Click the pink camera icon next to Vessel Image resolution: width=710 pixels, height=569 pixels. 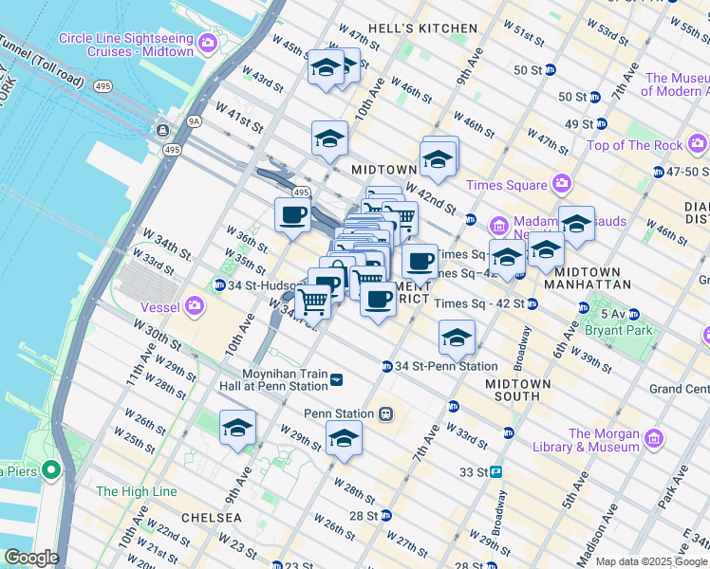click(196, 305)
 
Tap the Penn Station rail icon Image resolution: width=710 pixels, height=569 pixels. click(385, 413)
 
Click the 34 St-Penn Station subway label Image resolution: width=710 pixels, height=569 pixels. click(446, 366)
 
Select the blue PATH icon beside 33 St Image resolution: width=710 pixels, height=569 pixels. click(495, 471)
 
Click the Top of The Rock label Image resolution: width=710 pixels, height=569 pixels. click(634, 145)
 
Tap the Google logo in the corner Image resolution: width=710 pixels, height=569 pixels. click(30, 558)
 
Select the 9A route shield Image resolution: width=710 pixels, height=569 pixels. click(194, 120)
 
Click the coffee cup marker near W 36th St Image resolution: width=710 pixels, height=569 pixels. click(292, 214)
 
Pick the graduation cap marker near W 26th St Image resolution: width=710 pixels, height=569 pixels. click(237, 428)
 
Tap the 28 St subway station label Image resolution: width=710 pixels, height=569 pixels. click(364, 516)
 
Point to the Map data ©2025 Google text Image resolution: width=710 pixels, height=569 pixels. click(651, 561)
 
